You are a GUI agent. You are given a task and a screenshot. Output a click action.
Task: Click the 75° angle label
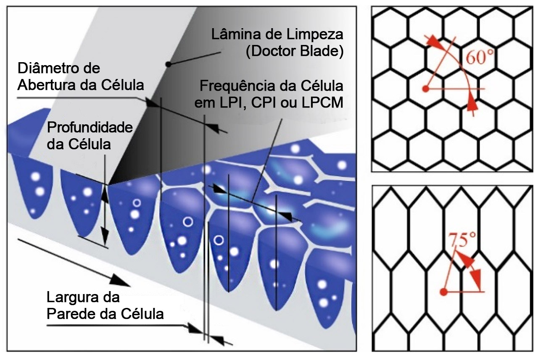point(464,241)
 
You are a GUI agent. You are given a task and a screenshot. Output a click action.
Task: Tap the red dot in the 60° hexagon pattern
point(425,89)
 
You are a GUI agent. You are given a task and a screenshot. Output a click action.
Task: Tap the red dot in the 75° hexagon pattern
point(442,292)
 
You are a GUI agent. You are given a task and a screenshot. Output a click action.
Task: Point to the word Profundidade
point(90,128)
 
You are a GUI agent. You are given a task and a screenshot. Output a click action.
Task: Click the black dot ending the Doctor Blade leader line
point(168,64)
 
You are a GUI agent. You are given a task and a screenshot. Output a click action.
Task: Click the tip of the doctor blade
point(108,184)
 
